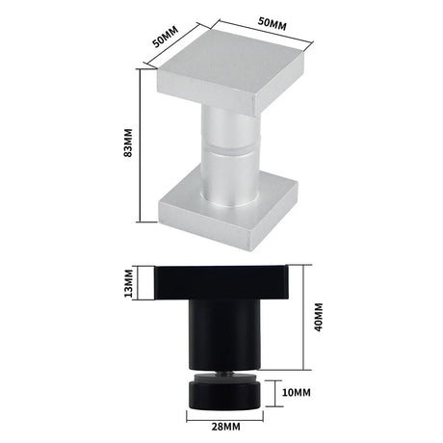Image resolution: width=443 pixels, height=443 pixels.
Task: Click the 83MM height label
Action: (x=128, y=143)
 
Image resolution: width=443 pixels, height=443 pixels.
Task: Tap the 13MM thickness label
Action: (x=128, y=283)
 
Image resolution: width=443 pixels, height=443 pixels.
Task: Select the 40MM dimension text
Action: (x=319, y=317)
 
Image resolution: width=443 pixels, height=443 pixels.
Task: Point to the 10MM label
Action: (x=296, y=392)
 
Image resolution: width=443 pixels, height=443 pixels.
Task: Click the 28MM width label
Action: (x=225, y=427)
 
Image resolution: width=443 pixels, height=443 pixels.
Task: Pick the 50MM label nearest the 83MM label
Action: (x=165, y=37)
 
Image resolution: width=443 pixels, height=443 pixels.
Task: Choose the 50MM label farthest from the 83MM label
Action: (x=273, y=23)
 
